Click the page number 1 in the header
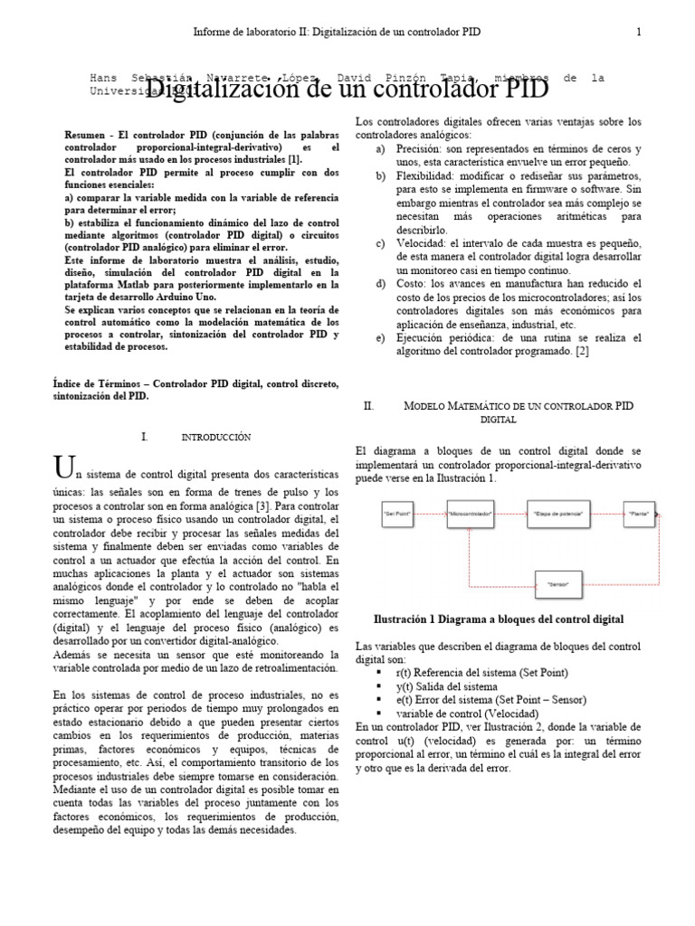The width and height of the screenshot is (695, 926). (639, 33)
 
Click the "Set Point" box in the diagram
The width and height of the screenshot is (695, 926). (397, 514)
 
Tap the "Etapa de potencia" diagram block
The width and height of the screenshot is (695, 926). (560, 514)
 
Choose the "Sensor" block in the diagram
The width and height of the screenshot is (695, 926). (557, 585)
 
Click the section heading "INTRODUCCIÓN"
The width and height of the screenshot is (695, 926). (216, 438)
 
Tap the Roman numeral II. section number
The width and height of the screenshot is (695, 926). (368, 407)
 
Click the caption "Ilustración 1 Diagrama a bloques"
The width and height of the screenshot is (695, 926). (499, 619)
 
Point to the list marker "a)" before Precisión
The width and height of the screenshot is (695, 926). (380, 148)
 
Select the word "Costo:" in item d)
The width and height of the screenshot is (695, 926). (414, 284)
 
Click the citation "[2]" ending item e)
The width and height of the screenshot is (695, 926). (581, 352)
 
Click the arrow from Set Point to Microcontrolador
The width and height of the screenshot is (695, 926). (431, 514)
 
